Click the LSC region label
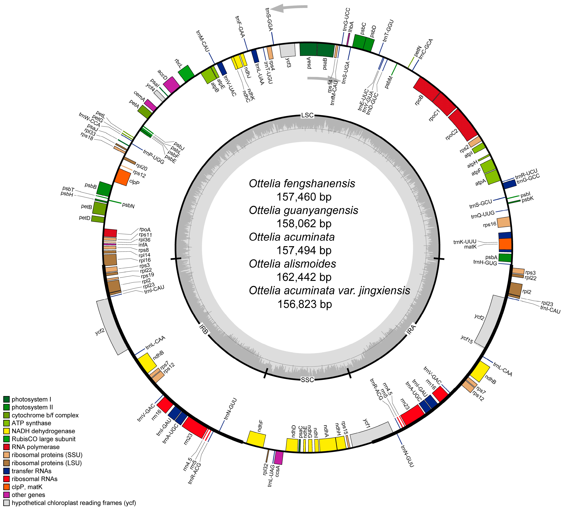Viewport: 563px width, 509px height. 307,115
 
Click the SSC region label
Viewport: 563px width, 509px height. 307,380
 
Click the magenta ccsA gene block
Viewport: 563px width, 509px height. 279,458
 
